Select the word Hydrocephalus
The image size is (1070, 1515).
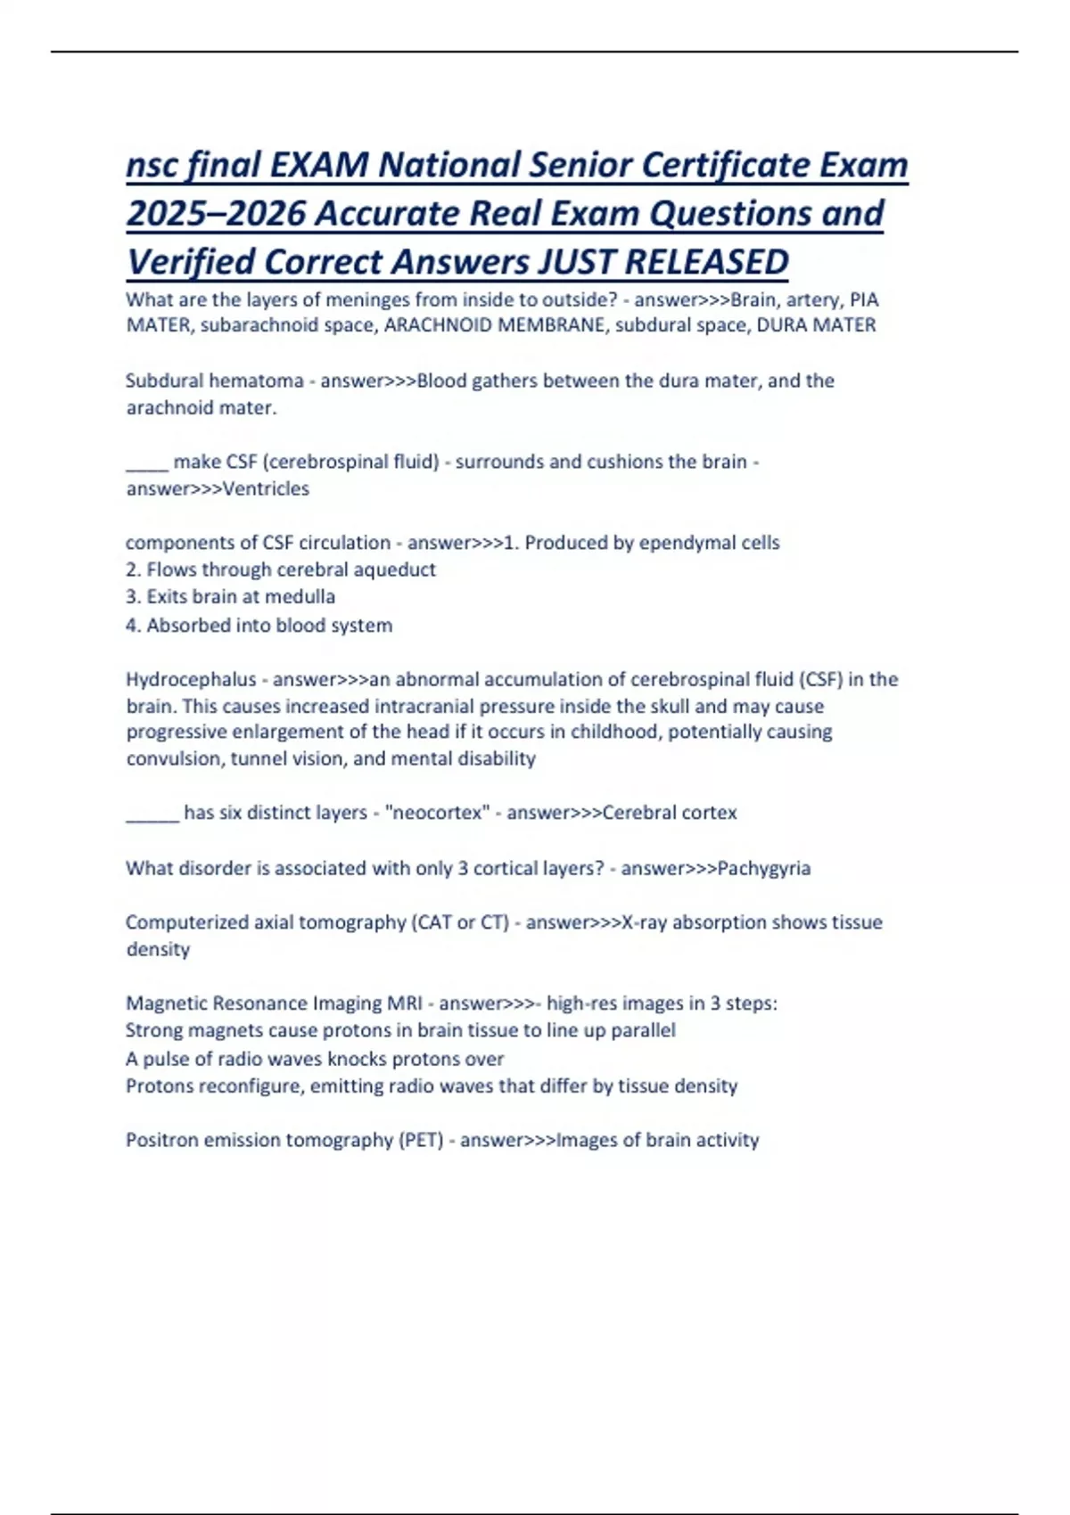[191, 679]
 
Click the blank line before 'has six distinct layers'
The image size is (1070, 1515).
[152, 814]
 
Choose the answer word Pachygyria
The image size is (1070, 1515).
[763, 868]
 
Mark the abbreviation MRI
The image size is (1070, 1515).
[405, 1003]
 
